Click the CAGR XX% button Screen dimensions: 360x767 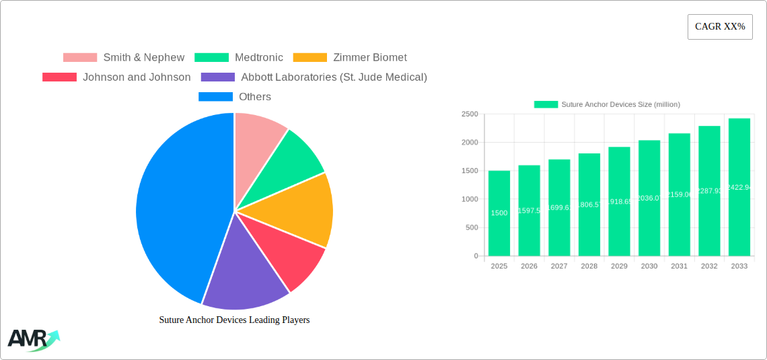(x=719, y=27)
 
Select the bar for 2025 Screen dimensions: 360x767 (x=499, y=213)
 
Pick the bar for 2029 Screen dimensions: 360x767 (x=619, y=201)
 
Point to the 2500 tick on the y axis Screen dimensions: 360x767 (x=470, y=114)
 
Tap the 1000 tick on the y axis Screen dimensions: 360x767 (x=470, y=199)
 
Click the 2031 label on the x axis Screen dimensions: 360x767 (x=679, y=266)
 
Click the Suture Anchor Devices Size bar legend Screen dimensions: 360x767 (x=607, y=104)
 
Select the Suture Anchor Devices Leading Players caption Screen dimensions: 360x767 (x=234, y=320)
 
